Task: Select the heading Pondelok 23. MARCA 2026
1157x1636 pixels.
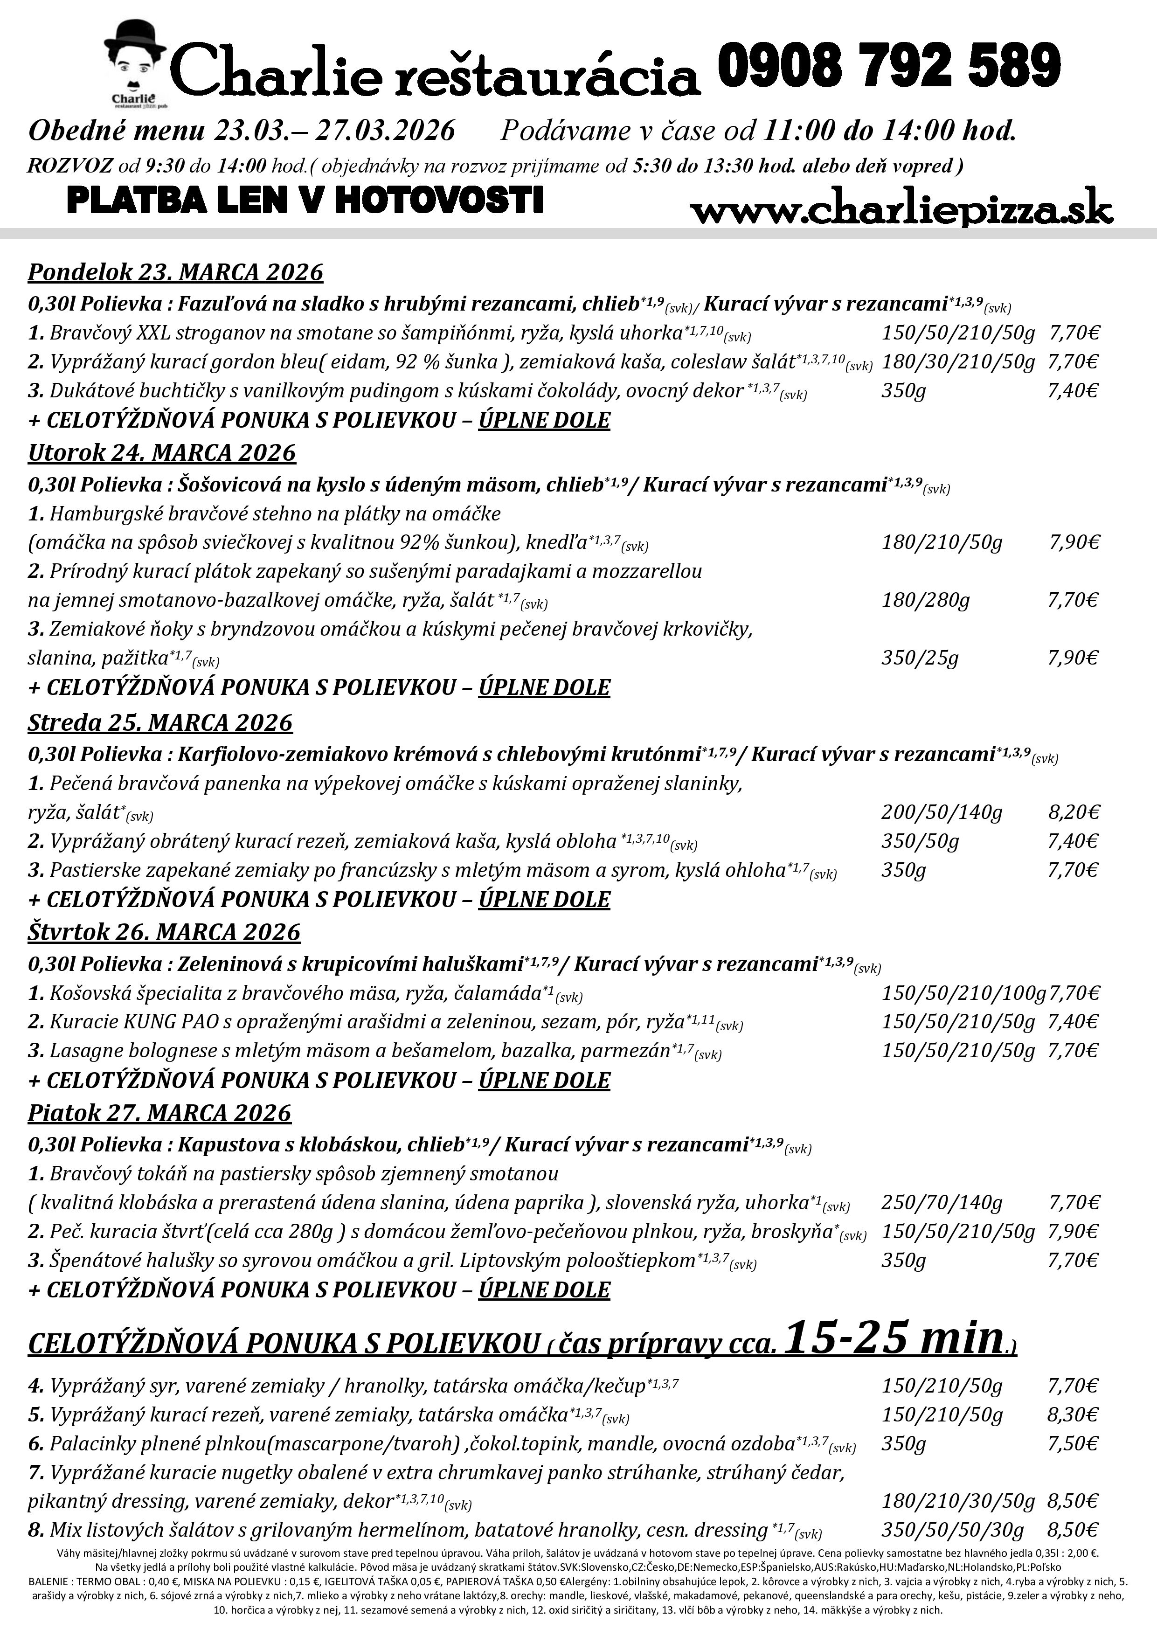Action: click(x=175, y=272)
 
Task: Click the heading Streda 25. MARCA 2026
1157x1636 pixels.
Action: click(x=160, y=722)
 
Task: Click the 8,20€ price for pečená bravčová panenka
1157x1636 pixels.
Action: click(x=1074, y=812)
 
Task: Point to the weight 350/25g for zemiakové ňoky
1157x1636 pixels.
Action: click(x=920, y=657)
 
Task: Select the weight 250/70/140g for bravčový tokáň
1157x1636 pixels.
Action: click(x=942, y=1203)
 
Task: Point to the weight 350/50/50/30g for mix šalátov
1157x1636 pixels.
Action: click(x=953, y=1530)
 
